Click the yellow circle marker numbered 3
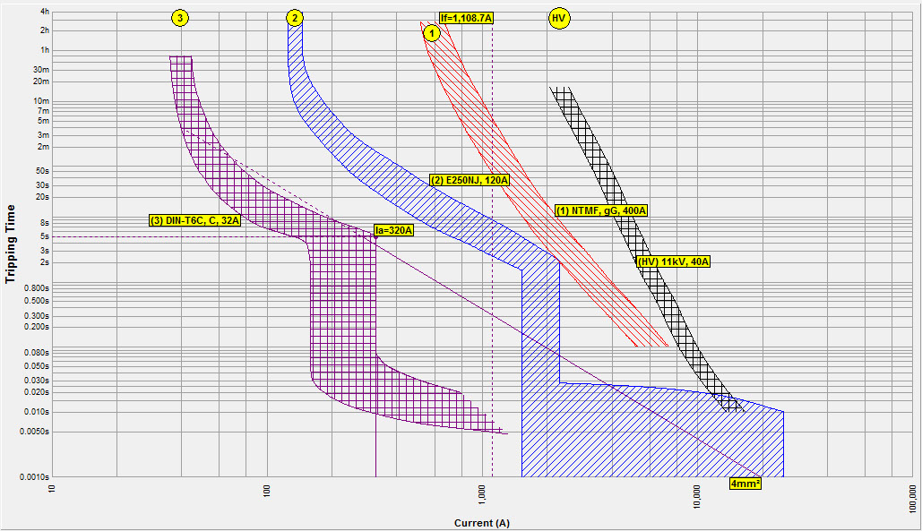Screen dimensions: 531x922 tap(181, 18)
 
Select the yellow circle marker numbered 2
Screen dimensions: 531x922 tap(294, 18)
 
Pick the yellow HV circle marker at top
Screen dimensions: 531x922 tap(559, 18)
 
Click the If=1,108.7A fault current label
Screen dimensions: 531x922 tap(467, 18)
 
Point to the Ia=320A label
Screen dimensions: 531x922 tap(393, 230)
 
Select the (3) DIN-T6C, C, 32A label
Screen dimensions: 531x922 tap(194, 220)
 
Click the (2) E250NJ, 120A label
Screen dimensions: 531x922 tap(470, 180)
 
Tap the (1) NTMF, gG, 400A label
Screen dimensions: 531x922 tap(601, 210)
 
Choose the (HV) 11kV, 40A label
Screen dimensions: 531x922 tap(673, 261)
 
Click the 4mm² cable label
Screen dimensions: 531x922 tap(745, 484)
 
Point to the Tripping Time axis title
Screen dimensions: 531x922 tap(11, 244)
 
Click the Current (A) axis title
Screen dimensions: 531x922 tap(482, 523)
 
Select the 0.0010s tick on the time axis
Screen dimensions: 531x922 tap(34, 476)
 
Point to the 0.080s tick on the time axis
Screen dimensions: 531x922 tap(35, 352)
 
